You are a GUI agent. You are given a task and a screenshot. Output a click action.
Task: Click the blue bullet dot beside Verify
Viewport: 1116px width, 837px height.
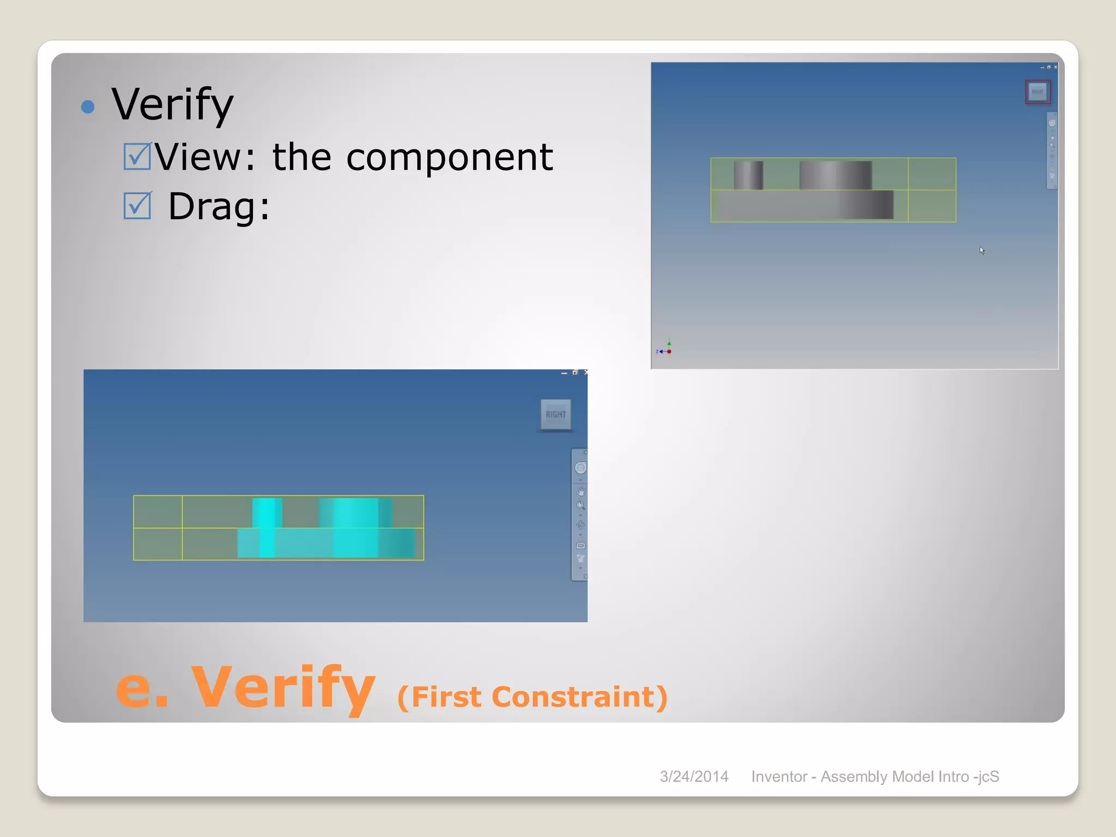coord(88,106)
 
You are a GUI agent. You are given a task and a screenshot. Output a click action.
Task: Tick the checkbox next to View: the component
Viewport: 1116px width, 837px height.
coord(137,156)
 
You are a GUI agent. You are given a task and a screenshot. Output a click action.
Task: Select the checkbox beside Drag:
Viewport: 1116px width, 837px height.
coord(137,205)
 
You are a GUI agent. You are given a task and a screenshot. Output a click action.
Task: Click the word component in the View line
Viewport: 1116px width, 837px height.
coord(450,157)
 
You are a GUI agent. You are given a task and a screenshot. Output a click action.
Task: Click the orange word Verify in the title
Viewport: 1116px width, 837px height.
coord(283,688)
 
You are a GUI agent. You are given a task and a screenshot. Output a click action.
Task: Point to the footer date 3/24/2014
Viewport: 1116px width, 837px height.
coord(694,777)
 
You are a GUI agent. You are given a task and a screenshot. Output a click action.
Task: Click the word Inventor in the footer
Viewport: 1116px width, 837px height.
coord(779,777)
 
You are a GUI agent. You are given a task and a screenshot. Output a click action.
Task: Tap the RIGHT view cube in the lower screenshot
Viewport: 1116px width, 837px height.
coord(556,415)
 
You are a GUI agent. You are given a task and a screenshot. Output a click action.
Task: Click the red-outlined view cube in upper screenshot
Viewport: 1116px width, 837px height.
coord(1038,92)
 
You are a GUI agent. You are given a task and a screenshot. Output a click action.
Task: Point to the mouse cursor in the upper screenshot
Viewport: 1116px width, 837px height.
coord(981,250)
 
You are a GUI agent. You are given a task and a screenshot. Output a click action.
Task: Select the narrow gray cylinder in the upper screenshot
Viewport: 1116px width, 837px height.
coord(748,175)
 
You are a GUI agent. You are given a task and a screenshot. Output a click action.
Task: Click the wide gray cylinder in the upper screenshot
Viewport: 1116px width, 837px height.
coord(835,175)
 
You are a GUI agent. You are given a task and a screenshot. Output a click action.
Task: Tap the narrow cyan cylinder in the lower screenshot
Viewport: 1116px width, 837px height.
coord(267,513)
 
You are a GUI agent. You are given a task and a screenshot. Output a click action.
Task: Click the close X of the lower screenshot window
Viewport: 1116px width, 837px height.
coord(586,373)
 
